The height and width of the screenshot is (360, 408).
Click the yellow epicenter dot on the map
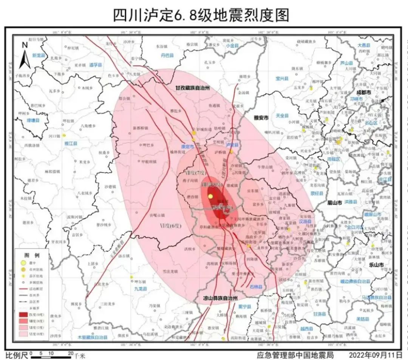coord(210,196)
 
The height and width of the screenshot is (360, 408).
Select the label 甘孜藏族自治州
coord(192,88)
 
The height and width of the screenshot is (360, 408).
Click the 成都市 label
coord(364,92)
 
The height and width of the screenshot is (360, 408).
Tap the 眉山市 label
coord(334,203)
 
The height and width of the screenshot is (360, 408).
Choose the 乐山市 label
coord(376,265)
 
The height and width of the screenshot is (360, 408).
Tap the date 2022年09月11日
coord(376,355)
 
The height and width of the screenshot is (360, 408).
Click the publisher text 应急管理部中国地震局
coord(295,355)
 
